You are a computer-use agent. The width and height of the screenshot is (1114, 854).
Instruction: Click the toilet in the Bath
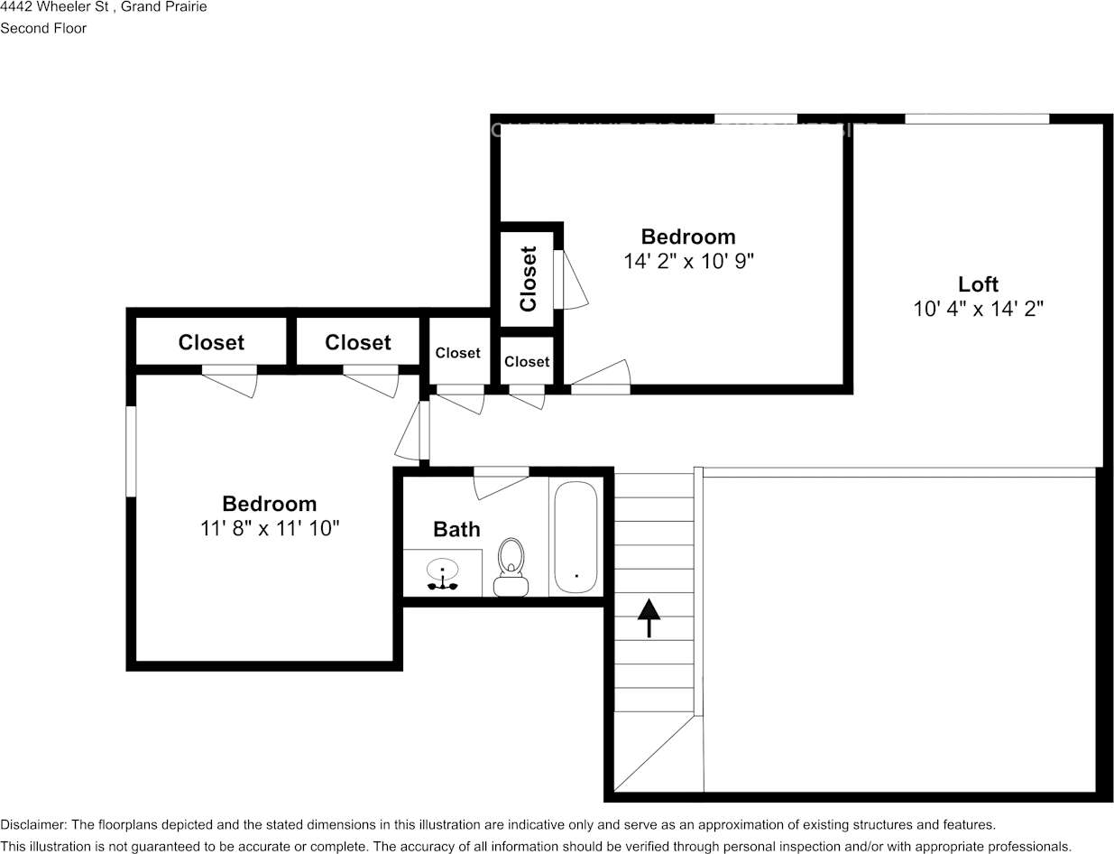[x=511, y=567]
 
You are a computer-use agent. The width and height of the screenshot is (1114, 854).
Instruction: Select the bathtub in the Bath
[x=575, y=537]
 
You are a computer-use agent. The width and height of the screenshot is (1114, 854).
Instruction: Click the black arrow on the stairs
[x=649, y=618]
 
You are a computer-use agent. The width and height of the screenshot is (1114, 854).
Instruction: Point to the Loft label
[x=978, y=284]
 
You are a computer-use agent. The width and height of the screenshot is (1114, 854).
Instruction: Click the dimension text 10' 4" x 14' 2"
[x=978, y=309]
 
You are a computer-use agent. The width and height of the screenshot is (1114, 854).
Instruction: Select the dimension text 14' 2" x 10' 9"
[x=688, y=261]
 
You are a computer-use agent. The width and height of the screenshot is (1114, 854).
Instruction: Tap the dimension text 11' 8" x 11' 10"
[x=270, y=528]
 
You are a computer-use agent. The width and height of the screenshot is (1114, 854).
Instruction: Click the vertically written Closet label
[x=529, y=278]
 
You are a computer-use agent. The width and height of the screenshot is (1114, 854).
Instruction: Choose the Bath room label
[x=456, y=529]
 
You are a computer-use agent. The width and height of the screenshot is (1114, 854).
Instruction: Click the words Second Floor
[x=43, y=28]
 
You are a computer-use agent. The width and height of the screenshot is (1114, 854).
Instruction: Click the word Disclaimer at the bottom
[x=32, y=824]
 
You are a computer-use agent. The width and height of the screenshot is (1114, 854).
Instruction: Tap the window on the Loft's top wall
[x=977, y=118]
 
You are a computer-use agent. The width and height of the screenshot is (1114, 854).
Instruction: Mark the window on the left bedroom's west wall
[x=131, y=451]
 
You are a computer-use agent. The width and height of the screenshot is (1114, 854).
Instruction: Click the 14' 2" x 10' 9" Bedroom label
[x=688, y=237]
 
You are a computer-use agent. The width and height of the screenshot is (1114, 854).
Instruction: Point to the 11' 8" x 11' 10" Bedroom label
[x=270, y=504]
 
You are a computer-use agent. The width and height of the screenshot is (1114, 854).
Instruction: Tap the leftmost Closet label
[x=211, y=342]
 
